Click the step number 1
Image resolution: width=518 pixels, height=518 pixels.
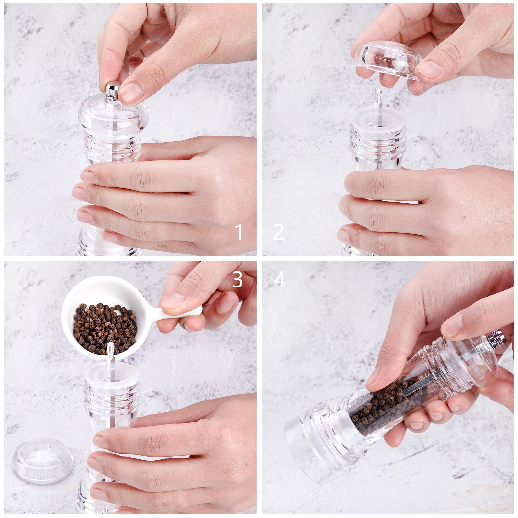point(239,232)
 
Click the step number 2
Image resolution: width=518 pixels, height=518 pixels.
point(278,232)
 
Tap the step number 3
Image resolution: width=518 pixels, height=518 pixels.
point(238,279)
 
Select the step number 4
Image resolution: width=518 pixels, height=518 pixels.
point(280,279)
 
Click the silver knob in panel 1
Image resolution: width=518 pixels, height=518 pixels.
point(113,91)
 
